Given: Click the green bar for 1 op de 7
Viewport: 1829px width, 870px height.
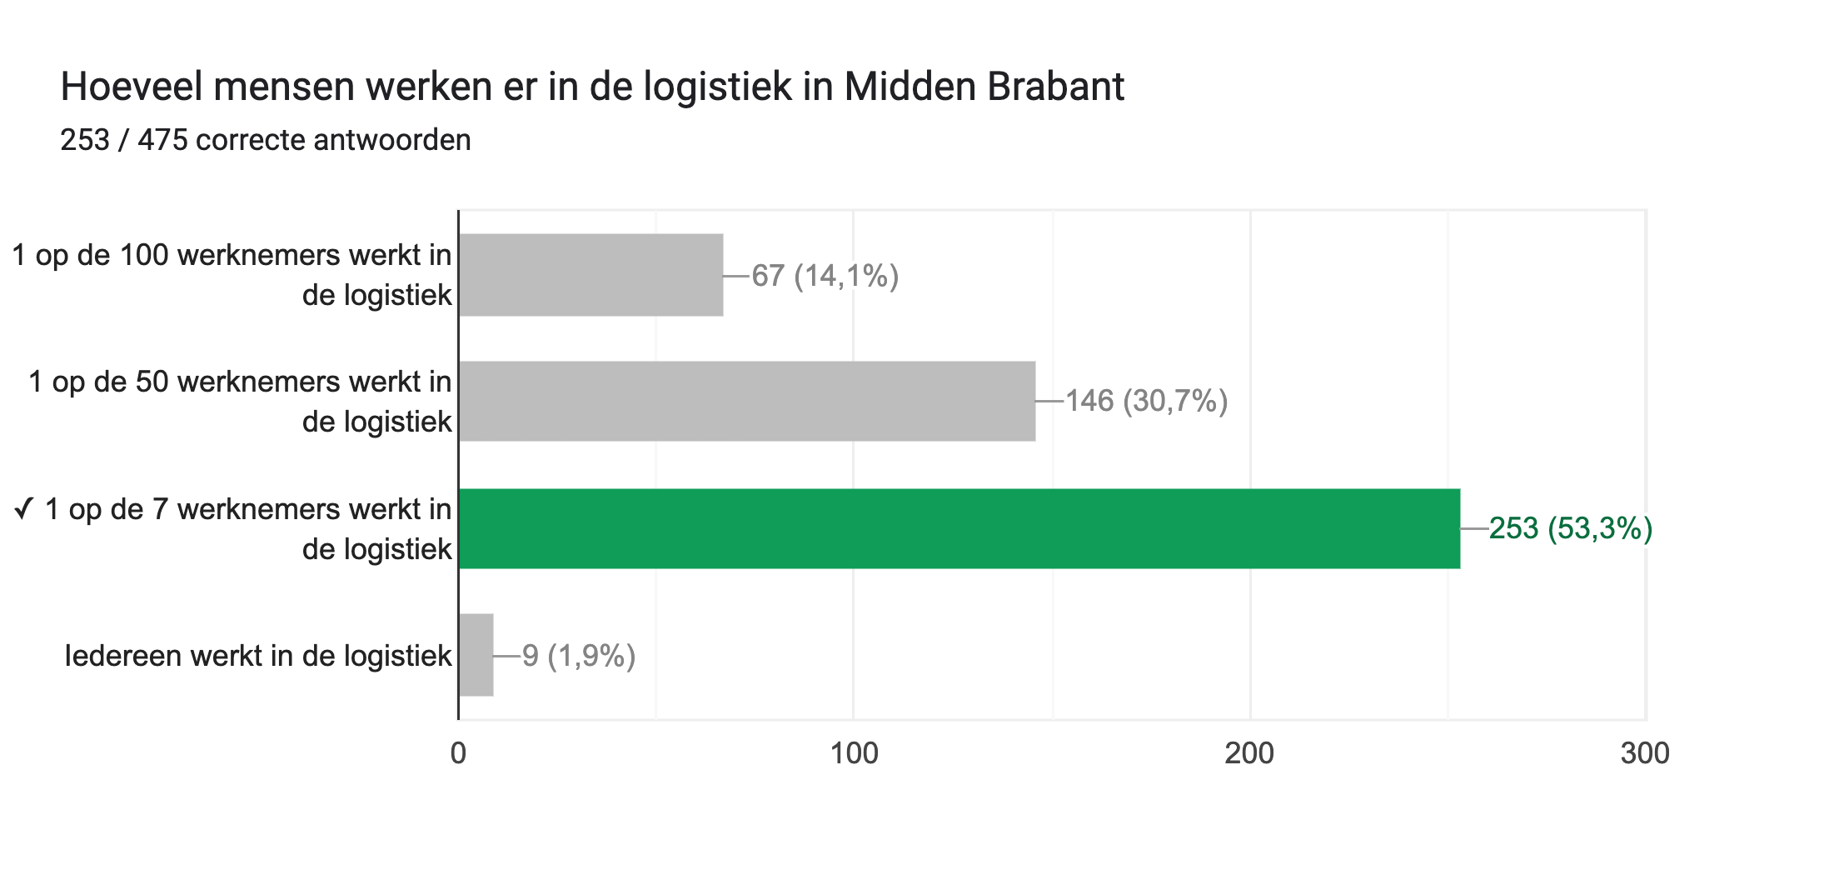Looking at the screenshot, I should (959, 528).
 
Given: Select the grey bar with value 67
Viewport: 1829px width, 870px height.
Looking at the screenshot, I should (591, 275).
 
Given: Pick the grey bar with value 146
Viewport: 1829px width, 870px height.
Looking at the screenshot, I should (746, 401).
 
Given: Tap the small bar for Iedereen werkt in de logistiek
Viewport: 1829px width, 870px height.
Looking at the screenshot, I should (476, 655).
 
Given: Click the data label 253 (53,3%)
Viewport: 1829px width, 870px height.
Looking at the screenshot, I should (1570, 528).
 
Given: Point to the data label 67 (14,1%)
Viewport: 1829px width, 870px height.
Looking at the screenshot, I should (825, 276).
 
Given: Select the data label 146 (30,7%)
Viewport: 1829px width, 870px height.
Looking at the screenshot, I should (1146, 401).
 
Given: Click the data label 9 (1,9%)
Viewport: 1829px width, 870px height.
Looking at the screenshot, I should (579, 656).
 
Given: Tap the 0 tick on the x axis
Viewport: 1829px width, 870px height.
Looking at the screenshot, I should (458, 753).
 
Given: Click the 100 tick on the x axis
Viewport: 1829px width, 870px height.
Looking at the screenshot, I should (854, 753).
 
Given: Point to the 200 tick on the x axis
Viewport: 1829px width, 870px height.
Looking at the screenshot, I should (1249, 753).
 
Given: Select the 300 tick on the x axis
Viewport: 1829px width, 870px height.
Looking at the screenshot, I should (1645, 753).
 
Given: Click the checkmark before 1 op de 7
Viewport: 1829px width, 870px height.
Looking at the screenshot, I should (23, 508).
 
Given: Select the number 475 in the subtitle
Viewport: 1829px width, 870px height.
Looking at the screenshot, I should (162, 140).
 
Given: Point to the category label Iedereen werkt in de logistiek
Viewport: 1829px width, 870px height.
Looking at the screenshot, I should (258, 656).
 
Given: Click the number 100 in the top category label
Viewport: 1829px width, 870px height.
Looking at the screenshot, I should (144, 255).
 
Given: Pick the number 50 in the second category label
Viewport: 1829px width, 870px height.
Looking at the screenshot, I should (152, 382).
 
